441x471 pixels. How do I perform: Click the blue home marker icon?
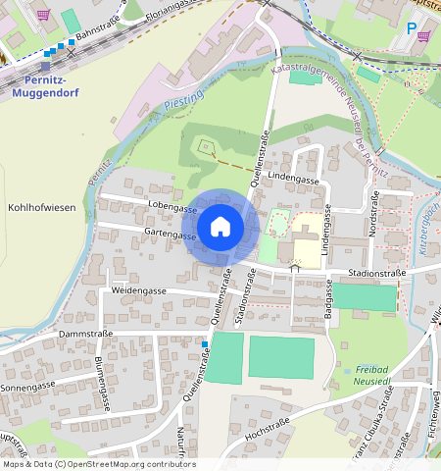[220, 227]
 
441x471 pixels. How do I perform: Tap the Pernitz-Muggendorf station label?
[40, 86]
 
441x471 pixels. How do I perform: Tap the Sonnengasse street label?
[26, 387]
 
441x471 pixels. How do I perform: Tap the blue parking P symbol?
[411, 28]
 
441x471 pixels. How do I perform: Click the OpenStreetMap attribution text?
[98, 464]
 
